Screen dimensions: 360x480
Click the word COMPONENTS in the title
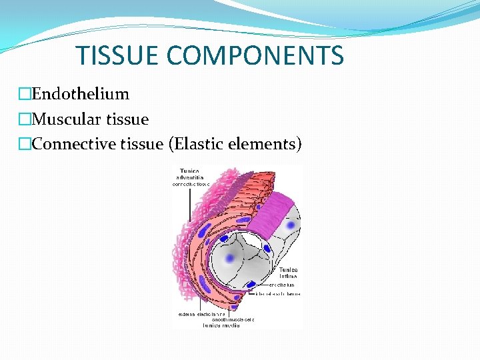click(x=255, y=55)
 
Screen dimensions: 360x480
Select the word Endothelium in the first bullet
click(x=80, y=94)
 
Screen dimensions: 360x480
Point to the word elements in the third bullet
click(x=267, y=143)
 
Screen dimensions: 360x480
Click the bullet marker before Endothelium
click(x=25, y=95)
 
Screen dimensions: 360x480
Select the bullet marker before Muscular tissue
click(x=25, y=119)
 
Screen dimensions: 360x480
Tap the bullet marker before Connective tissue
click(x=25, y=144)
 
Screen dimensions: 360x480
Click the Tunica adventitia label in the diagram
click(x=191, y=176)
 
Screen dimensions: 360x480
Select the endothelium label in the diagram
click(x=282, y=285)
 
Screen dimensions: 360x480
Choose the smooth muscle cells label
click(x=231, y=319)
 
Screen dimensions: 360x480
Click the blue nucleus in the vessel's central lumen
click(x=231, y=257)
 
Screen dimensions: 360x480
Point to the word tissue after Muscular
click(x=127, y=119)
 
